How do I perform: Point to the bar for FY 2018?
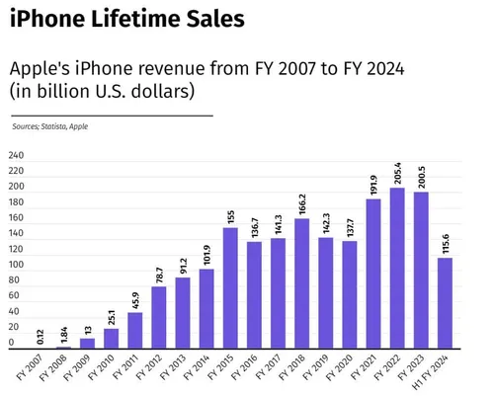coord(301,282)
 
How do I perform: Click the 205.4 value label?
coord(398,174)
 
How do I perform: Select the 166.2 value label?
coord(301,204)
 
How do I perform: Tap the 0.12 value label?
coord(40,337)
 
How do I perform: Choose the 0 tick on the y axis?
coord(12,343)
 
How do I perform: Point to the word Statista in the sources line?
coord(54,126)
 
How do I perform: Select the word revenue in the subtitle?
coord(157,70)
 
